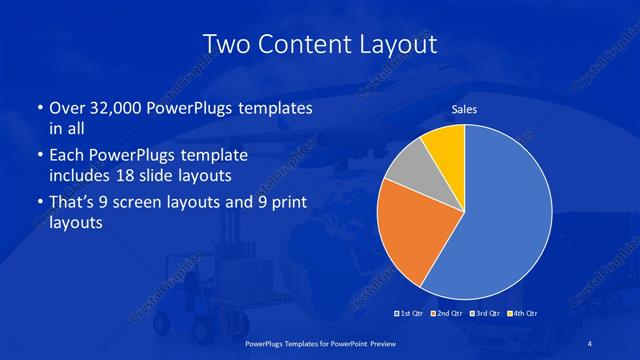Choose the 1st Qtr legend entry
(409, 314)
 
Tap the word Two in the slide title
(223, 45)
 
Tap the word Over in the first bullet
(66, 108)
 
